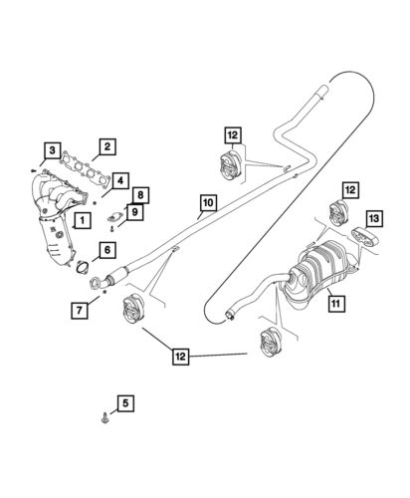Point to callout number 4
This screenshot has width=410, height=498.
pyautogui.click(x=119, y=180)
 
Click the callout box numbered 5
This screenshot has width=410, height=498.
pyautogui.click(x=124, y=403)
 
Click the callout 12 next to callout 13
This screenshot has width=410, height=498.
pyautogui.click(x=350, y=189)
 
